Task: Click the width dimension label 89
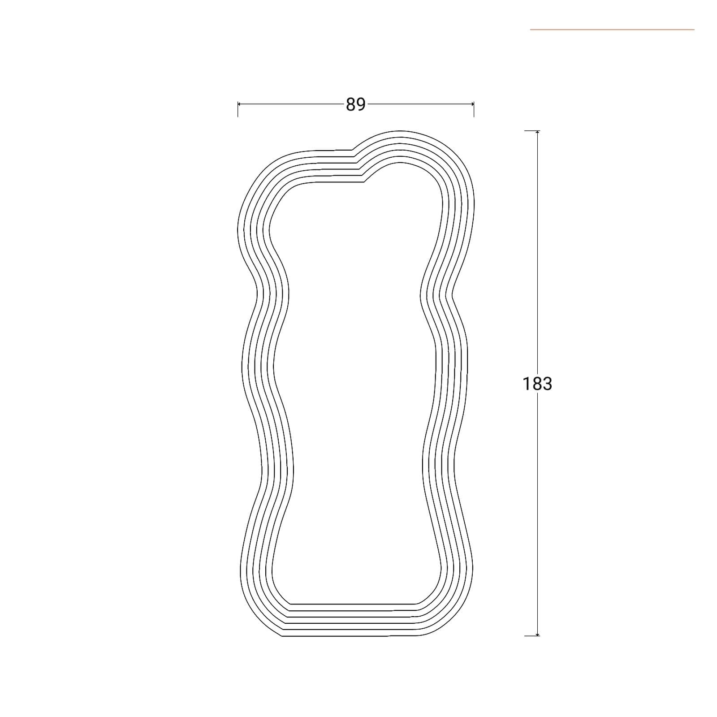pyautogui.click(x=356, y=104)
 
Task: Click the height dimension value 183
pyautogui.click(x=537, y=384)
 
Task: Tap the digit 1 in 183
pyautogui.click(x=527, y=384)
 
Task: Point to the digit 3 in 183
pyautogui.click(x=547, y=384)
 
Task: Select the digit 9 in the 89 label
pyautogui.click(x=361, y=104)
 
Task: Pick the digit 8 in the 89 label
pyautogui.click(x=351, y=104)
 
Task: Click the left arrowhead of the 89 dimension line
pyautogui.click(x=240, y=104)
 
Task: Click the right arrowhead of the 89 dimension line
pyautogui.click(x=471, y=104)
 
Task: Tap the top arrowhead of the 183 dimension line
pyautogui.click(x=537, y=133)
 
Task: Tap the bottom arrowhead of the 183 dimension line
pyautogui.click(x=537, y=633)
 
